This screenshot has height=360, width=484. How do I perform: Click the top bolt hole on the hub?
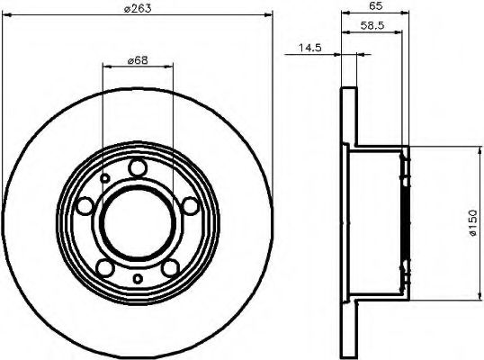click(x=137, y=168)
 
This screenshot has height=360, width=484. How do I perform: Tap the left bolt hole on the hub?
click(x=85, y=207)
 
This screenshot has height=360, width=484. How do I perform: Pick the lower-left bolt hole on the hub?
click(x=104, y=267)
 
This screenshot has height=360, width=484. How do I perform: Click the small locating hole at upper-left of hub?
click(x=105, y=179)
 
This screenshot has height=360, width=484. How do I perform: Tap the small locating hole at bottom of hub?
click(x=137, y=279)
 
